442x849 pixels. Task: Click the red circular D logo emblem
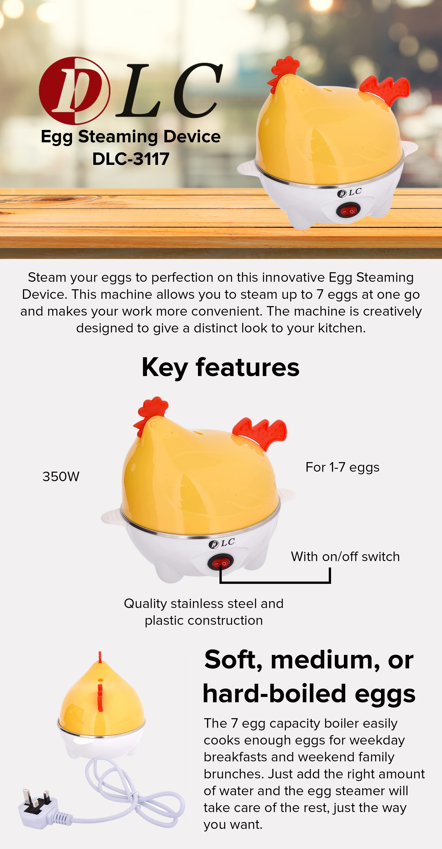74,91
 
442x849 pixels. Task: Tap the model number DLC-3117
131,159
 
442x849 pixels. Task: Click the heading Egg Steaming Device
131,136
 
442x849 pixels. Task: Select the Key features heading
221,367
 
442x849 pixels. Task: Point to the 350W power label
61,477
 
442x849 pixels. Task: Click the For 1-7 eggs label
342,467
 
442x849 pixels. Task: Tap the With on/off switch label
345,557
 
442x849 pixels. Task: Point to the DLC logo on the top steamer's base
349,193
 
